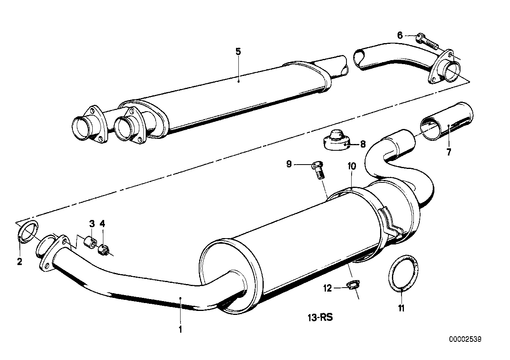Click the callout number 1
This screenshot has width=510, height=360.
(180, 329)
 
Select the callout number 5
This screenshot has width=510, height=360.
(238, 51)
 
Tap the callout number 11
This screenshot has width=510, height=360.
(402, 308)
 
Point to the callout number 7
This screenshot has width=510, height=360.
(449, 152)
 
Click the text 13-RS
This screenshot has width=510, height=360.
(319, 318)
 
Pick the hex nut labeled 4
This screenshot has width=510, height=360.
(104, 250)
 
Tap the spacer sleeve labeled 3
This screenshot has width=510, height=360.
(90, 241)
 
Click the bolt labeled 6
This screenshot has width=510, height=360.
(426, 40)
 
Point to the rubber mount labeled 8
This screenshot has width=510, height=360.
(336, 140)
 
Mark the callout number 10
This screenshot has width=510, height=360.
(352, 166)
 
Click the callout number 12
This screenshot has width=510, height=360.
(327, 288)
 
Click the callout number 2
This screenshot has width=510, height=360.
(19, 261)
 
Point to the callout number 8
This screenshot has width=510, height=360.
(363, 144)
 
